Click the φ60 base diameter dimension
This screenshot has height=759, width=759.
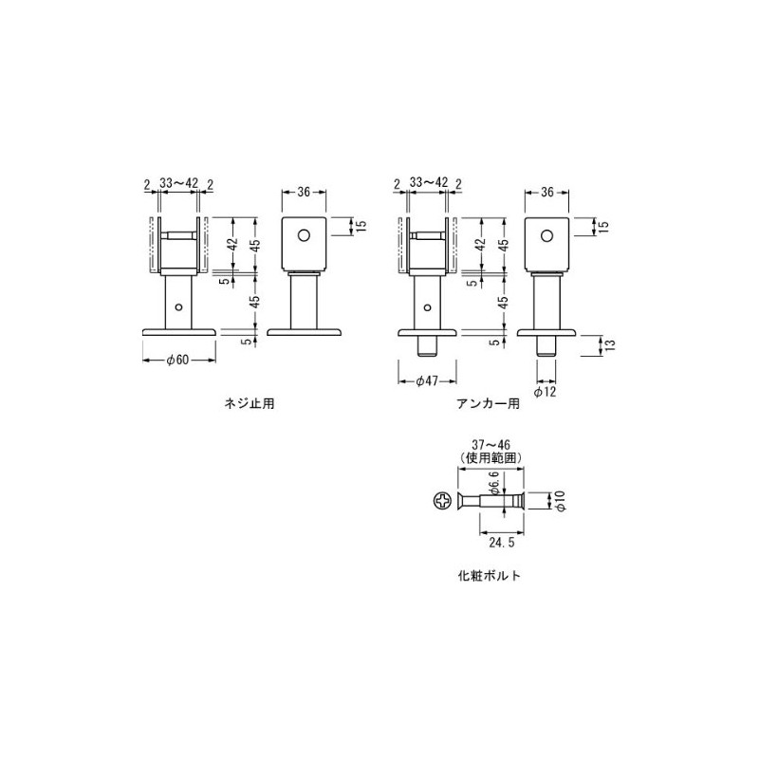pyautogui.click(x=177, y=361)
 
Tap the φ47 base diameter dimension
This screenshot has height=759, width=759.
pyautogui.click(x=427, y=381)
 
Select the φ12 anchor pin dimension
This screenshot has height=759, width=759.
pyautogui.click(x=546, y=392)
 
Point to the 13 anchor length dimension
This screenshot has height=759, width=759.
pyautogui.click(x=610, y=345)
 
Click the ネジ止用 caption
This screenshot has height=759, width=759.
pyautogui.click(x=250, y=404)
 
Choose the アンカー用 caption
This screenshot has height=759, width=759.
pyautogui.click(x=488, y=404)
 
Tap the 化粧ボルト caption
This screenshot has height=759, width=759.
pyautogui.click(x=490, y=576)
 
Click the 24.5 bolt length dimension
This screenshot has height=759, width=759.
pyautogui.click(x=502, y=543)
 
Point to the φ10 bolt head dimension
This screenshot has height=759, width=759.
pyautogui.click(x=560, y=501)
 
